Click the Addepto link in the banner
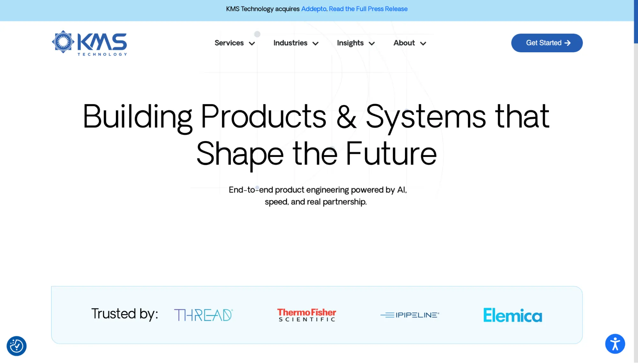pyautogui.click(x=314, y=9)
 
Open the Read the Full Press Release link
pyautogui.click(x=368, y=9)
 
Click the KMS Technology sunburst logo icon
pyautogui.click(x=63, y=42)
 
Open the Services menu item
pyautogui.click(x=229, y=43)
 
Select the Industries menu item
pyautogui.click(x=290, y=43)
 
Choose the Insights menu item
pyautogui.click(x=350, y=43)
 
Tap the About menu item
pyautogui.click(x=404, y=43)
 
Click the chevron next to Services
pyautogui.click(x=252, y=44)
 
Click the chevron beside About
pyautogui.click(x=423, y=44)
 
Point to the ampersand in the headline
pyautogui.click(x=346, y=117)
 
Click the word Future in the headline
pyautogui.click(x=391, y=154)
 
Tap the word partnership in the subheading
pyautogui.click(x=345, y=202)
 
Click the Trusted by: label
pyautogui.click(x=125, y=314)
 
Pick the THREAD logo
pyautogui.click(x=203, y=315)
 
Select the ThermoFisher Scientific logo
pyautogui.click(x=307, y=315)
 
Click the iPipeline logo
pyautogui.click(x=410, y=315)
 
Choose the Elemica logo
pyautogui.click(x=513, y=315)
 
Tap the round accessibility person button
pyautogui.click(x=615, y=344)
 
